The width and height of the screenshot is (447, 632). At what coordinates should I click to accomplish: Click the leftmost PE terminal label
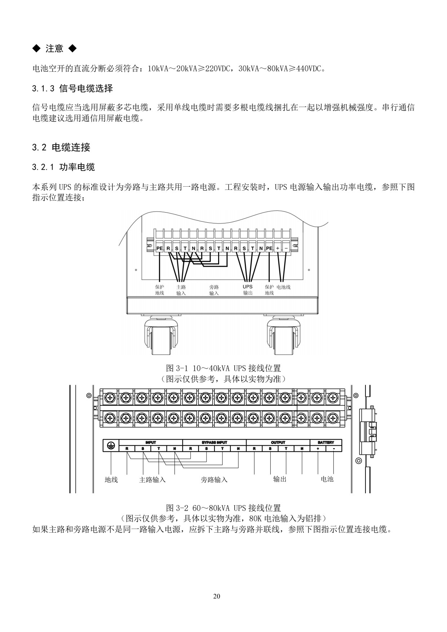click(160, 249)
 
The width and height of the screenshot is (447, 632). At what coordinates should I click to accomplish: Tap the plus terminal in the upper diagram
click(278, 249)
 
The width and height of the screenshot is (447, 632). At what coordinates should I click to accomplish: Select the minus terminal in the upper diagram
click(286, 249)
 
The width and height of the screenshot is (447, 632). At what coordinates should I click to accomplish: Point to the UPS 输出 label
click(248, 290)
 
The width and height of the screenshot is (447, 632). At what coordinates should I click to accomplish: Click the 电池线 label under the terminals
click(283, 287)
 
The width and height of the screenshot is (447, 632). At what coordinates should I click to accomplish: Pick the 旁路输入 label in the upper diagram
click(214, 290)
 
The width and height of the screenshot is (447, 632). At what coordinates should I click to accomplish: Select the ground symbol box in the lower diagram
click(111, 446)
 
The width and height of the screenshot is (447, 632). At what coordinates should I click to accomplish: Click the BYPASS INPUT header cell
click(214, 442)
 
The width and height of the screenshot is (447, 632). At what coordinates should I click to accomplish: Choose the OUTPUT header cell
click(278, 442)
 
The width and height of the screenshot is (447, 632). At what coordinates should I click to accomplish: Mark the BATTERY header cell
click(326, 442)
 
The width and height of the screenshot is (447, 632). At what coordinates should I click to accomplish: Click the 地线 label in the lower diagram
click(111, 480)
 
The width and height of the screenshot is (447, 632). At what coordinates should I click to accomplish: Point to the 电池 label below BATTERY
click(327, 479)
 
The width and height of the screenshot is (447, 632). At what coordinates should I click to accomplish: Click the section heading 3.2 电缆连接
click(61, 147)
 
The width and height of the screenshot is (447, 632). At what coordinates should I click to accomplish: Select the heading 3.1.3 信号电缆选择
click(72, 88)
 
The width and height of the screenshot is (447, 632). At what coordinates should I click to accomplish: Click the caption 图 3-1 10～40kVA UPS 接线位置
click(223, 368)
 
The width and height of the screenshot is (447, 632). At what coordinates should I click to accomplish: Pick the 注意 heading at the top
click(54, 49)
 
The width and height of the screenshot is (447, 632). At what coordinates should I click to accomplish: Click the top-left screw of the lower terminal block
click(110, 397)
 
